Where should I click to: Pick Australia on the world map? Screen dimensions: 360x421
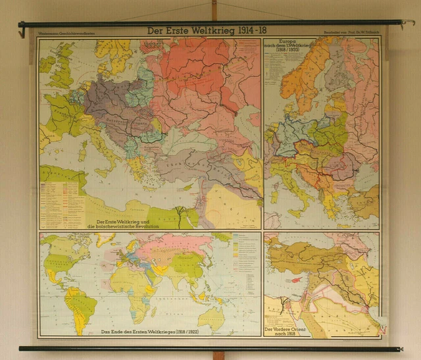tap(211, 317)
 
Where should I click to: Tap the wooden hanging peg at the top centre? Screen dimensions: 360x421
tap(213, 9)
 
